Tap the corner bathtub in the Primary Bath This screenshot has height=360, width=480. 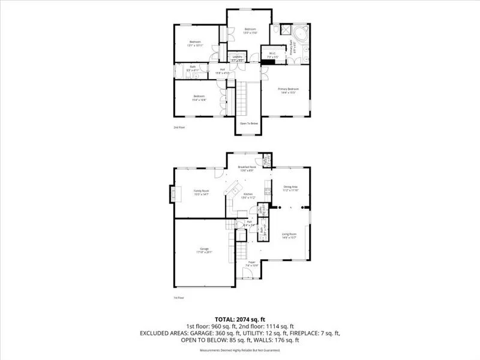(299, 32)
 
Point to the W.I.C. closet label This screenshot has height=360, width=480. (272, 53)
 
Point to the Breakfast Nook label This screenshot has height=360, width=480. (247, 167)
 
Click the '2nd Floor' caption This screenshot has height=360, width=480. (179, 127)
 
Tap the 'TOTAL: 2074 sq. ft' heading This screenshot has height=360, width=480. (240, 319)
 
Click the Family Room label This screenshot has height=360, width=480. (201, 193)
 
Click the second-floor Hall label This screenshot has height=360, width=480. (222, 70)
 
